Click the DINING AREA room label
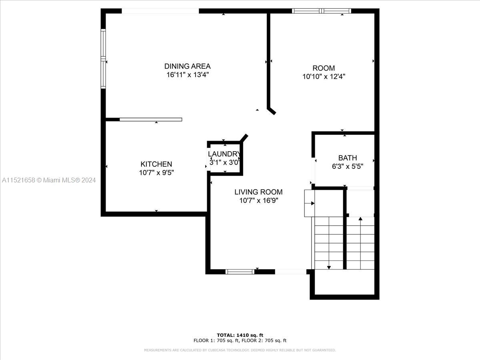[x=188, y=66]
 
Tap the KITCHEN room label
[x=156, y=164]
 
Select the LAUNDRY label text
[x=224, y=154]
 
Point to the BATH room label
[x=348, y=158]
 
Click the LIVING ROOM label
[x=258, y=192]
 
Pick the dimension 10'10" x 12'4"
[x=324, y=76]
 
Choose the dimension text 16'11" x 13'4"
[x=188, y=75]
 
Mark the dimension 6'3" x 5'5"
[x=348, y=166]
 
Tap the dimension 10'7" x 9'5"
[x=156, y=173]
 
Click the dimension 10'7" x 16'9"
[x=259, y=200]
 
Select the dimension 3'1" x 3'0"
[x=224, y=162]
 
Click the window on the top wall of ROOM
[x=322, y=11]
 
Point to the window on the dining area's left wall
[x=103, y=59]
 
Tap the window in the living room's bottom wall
[x=240, y=272]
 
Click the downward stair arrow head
[x=329, y=268]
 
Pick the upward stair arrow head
[x=360, y=218]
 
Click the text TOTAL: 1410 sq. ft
[x=240, y=335]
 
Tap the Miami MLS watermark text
[x=49, y=180]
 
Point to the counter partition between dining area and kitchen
[x=151, y=120]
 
